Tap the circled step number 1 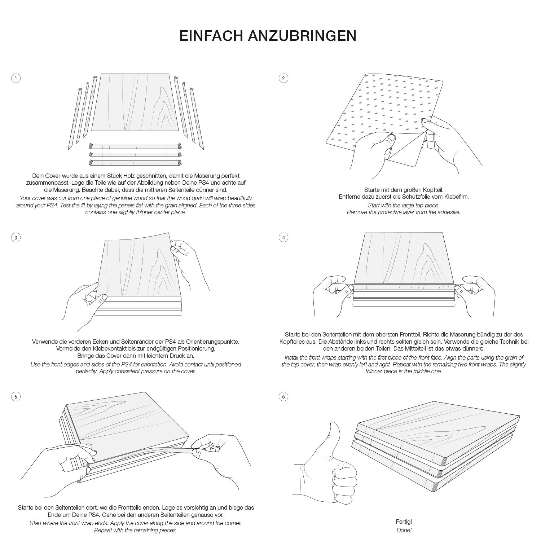pyautogui.click(x=16, y=78)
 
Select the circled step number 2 pyautogui.click(x=283, y=78)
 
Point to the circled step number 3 pyautogui.click(x=16, y=237)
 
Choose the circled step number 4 pyautogui.click(x=283, y=237)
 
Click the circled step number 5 pyautogui.click(x=16, y=397)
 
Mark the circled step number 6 pyautogui.click(x=283, y=397)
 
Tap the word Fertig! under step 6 pyautogui.click(x=404, y=522)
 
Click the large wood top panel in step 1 pyautogui.click(x=135, y=103)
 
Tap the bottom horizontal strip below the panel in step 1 pyautogui.click(x=135, y=162)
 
